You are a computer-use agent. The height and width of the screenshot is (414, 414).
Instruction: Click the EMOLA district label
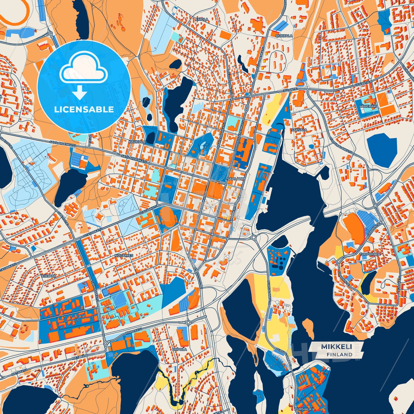[x=202, y=19]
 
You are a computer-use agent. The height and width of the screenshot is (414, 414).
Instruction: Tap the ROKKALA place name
[x=284, y=36]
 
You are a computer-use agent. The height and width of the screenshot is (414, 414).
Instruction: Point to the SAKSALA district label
[x=299, y=130]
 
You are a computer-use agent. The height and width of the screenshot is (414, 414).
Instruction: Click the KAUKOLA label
[x=137, y=142]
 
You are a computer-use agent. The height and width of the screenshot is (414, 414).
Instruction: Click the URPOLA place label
[x=180, y=350]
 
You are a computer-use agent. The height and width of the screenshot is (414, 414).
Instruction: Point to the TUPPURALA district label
[x=370, y=254]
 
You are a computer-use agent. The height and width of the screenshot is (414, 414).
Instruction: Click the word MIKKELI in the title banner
[x=336, y=347]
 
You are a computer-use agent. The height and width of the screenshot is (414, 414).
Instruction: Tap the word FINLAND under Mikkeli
[x=339, y=354]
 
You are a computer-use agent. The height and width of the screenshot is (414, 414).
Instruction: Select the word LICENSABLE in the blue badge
[x=84, y=109]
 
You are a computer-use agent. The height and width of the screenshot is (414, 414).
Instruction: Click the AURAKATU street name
[x=398, y=284]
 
